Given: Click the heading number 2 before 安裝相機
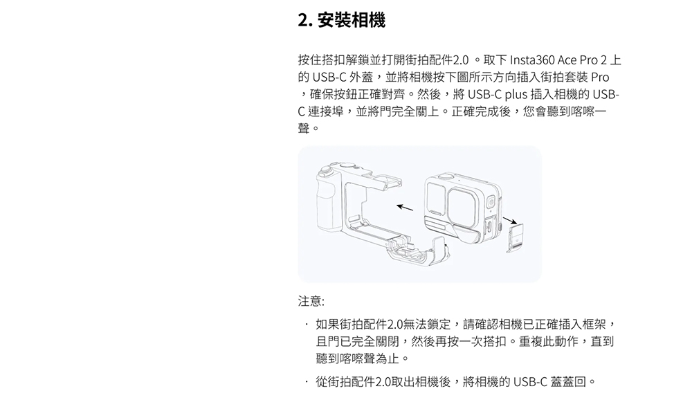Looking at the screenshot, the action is click(x=303, y=20).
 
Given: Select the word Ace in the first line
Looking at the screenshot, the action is click(x=567, y=60).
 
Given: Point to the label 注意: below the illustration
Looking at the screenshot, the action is click(x=311, y=301).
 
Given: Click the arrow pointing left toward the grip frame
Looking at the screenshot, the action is click(x=405, y=207).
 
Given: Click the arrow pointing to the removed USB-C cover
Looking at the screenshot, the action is click(x=510, y=220).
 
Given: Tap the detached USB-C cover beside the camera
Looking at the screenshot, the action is click(x=515, y=238).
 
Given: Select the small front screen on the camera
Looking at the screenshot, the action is click(x=436, y=198).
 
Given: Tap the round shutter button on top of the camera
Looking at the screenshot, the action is click(x=446, y=176).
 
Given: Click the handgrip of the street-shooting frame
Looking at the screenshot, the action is click(x=329, y=203).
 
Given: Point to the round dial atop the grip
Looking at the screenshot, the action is click(x=326, y=170).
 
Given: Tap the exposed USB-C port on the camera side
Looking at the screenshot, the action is click(x=491, y=227).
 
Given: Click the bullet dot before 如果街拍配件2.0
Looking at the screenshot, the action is click(x=306, y=325).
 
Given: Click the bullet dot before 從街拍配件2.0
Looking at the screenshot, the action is click(x=306, y=381).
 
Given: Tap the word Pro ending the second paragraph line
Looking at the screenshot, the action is click(x=600, y=78).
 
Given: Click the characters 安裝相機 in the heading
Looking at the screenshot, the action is click(x=352, y=20).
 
